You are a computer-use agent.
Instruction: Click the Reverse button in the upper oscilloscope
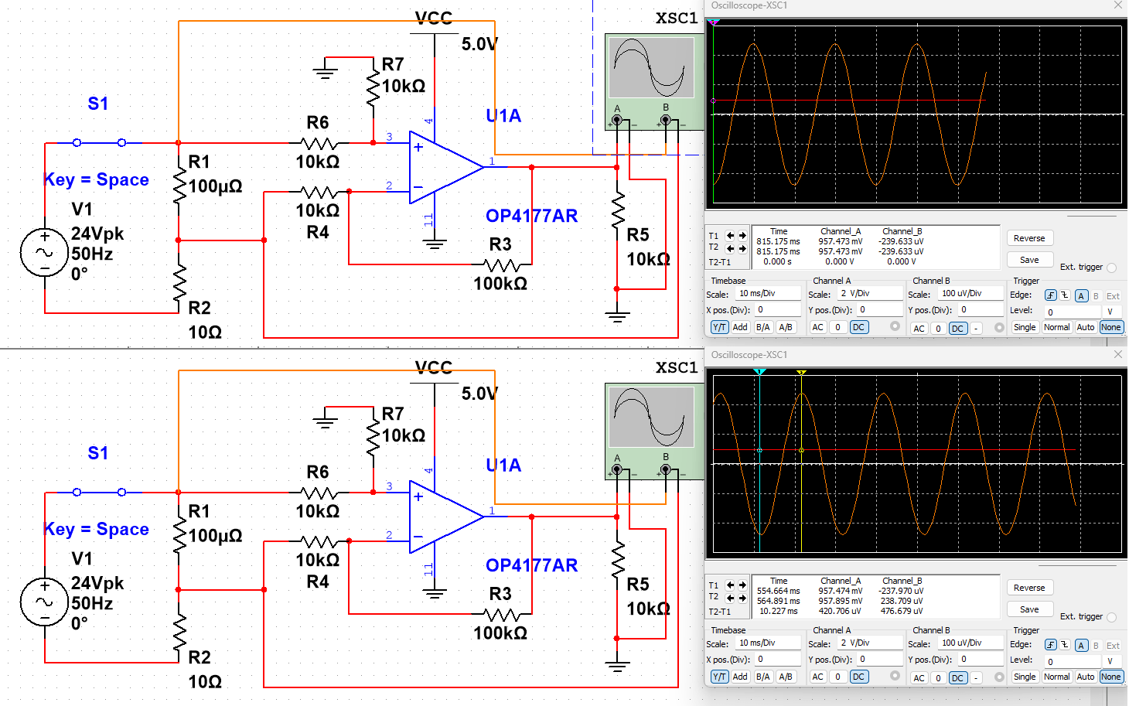click(1028, 238)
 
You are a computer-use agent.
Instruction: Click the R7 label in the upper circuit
click(393, 64)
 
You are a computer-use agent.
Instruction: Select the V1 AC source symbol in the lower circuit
click(44, 602)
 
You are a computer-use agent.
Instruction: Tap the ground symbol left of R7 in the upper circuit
click(326, 73)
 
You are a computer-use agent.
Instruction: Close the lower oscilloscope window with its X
click(1117, 354)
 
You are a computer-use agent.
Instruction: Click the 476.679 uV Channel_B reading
click(901, 611)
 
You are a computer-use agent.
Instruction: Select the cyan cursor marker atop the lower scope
click(759, 373)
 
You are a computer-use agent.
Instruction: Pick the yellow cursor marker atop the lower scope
click(802, 373)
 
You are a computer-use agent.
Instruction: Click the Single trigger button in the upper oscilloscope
click(1024, 327)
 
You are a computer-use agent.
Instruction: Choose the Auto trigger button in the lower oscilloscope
click(1085, 677)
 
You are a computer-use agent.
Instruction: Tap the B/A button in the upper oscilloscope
click(762, 327)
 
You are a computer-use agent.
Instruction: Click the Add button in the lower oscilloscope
click(740, 677)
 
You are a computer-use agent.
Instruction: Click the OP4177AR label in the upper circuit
click(531, 216)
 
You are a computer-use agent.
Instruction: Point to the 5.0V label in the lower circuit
click(479, 394)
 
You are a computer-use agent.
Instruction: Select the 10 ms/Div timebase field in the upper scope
click(766, 294)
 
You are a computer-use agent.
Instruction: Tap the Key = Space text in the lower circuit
click(97, 529)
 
